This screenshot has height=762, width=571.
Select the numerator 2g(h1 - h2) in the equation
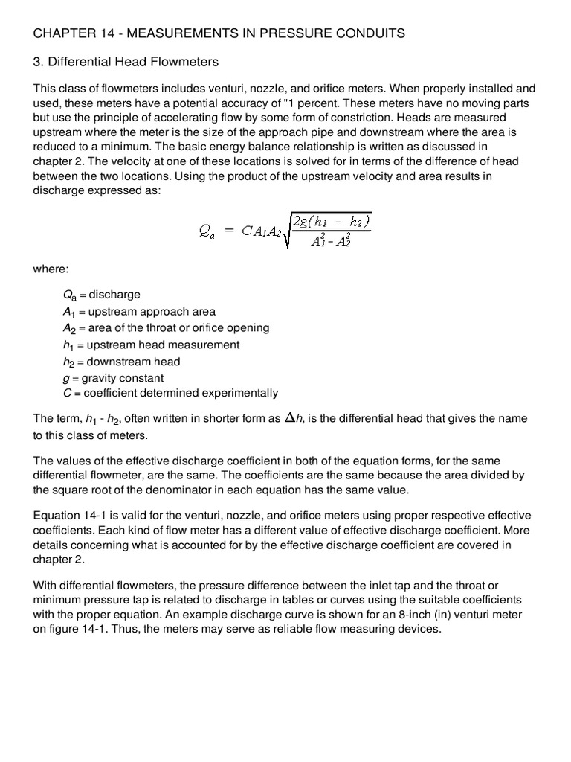click(332, 222)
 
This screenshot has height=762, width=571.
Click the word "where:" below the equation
click(51, 269)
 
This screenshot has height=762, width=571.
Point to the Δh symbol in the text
click(294, 418)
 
